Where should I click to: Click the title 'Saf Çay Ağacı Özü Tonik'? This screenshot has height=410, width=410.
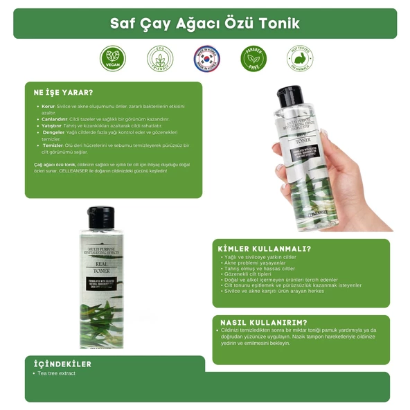pos(205,23)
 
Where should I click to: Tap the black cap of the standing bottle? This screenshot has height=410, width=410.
pos(101,217)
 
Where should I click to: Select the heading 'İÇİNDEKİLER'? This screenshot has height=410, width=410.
pos(62,364)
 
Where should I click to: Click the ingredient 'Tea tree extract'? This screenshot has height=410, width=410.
pos(57,374)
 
